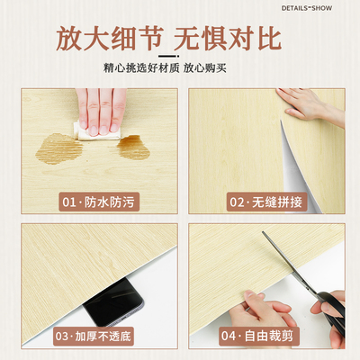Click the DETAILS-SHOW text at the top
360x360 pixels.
tap(319, 8)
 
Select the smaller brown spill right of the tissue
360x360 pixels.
tap(133, 147)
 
